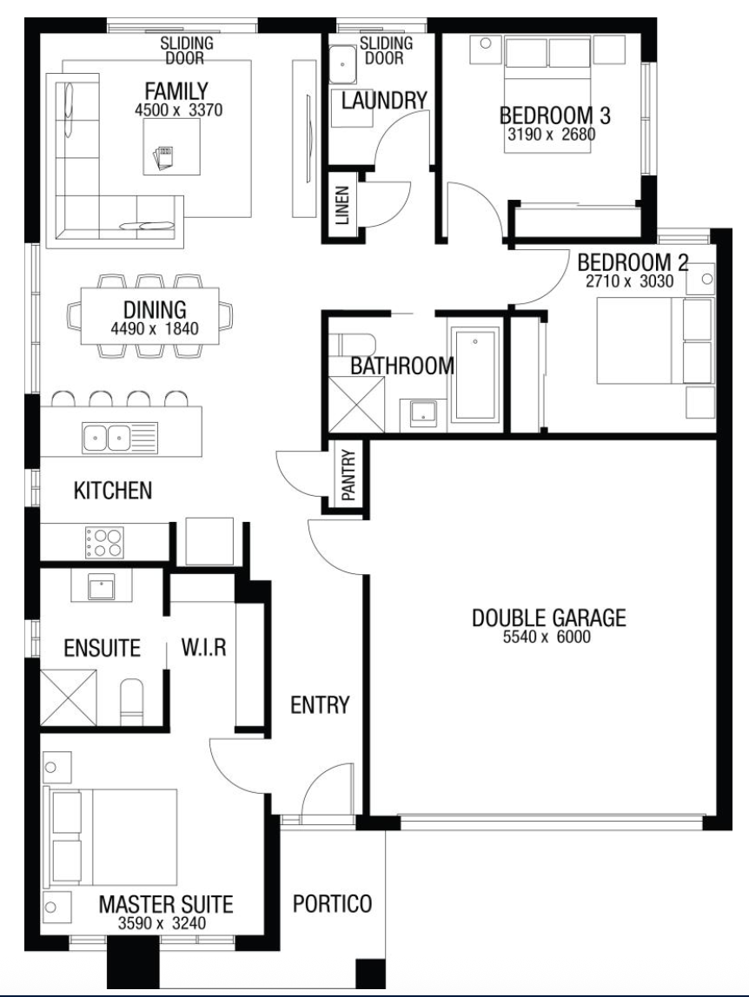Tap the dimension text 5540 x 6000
[x=547, y=637]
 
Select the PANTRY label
[x=348, y=475]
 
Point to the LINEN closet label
[x=342, y=205]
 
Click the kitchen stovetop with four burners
[x=105, y=543]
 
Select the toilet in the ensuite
[x=132, y=702]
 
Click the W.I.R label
[x=203, y=648]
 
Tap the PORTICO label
[x=332, y=903]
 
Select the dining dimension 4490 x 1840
[x=155, y=329]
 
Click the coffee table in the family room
[x=171, y=146]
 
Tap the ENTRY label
[x=320, y=705]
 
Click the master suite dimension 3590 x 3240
[x=162, y=923]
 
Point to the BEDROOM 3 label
[x=555, y=116]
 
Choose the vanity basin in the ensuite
[x=102, y=586]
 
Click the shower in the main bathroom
[x=358, y=405]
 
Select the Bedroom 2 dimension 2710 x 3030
[x=629, y=281]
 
